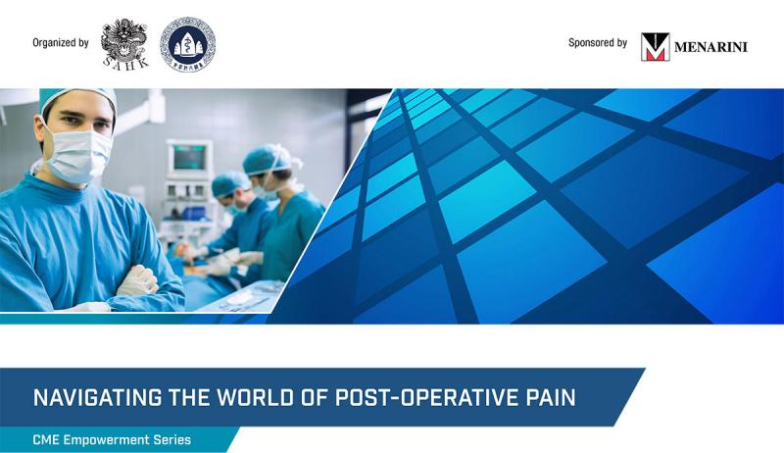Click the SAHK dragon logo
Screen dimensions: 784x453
point(124,43)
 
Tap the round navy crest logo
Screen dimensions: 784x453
point(187,44)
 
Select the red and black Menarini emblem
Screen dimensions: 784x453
point(655,47)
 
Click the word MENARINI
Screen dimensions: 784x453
point(710,47)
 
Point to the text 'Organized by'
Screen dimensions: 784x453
point(61,43)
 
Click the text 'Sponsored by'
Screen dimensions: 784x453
point(598,43)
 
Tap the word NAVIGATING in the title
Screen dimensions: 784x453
point(97,397)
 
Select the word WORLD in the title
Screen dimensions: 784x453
point(255,397)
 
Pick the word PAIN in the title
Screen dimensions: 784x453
point(548,397)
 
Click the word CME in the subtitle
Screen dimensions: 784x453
point(46,440)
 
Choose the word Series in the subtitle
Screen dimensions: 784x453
point(172,440)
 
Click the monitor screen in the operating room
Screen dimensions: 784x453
point(189,158)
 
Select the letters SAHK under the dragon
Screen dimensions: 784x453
point(125,63)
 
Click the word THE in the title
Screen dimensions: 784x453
point(189,397)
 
